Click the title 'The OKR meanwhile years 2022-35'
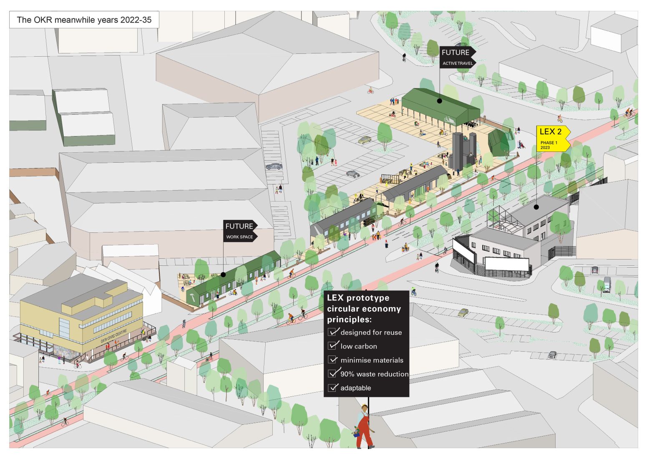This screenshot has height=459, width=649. [x=84, y=20]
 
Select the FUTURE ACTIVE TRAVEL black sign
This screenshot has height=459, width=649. [x=457, y=57]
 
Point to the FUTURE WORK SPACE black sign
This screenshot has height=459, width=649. [x=240, y=231]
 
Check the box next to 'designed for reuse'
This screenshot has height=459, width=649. [x=332, y=332]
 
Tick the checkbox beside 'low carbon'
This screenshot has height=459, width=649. [x=332, y=346]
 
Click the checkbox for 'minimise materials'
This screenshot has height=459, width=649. [x=332, y=360]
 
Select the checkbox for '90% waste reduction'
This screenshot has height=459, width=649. [x=332, y=373]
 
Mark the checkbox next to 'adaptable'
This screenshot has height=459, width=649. [x=332, y=388]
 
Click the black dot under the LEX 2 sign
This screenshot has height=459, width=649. [x=536, y=207]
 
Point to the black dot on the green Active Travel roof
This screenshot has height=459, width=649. [x=440, y=101]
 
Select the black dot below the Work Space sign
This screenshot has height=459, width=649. [x=223, y=275]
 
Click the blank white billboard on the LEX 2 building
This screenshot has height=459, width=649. [x=507, y=264]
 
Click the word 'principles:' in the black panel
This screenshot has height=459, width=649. [x=349, y=320]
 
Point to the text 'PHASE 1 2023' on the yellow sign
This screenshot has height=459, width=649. [x=548, y=145]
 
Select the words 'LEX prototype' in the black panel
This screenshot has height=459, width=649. [x=358, y=298]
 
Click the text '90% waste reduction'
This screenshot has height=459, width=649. [x=374, y=374]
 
